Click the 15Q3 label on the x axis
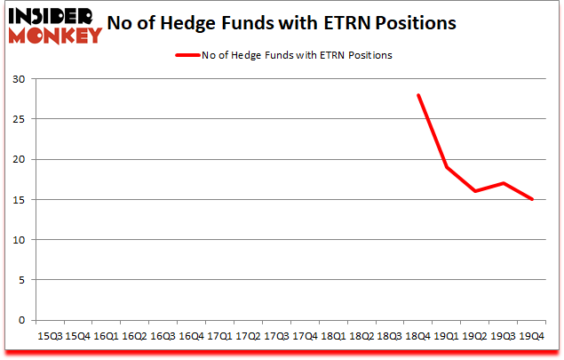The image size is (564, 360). coord(49,337)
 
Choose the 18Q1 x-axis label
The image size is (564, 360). coord(333,337)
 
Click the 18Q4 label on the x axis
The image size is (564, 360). coord(418,337)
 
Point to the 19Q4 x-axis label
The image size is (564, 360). coord(532,337)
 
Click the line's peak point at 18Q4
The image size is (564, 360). coord(418,95)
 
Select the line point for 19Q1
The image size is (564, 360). coord(447,167)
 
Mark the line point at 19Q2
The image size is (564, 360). coord(475,191)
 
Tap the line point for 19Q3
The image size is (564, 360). coord(504,183)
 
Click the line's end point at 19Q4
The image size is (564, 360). coord(532,199)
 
